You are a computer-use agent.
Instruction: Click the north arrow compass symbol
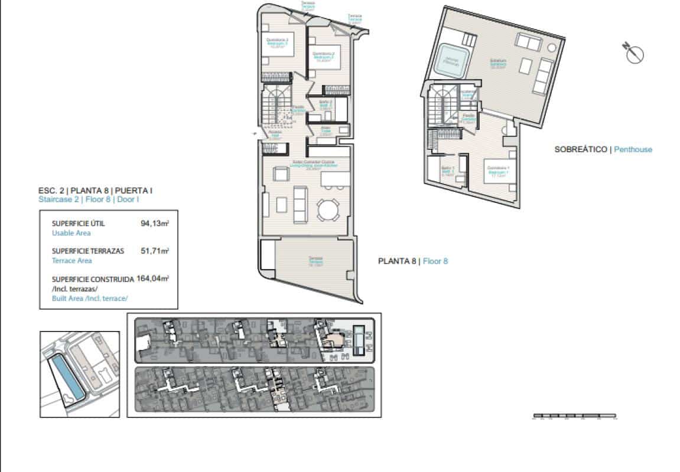[633, 53]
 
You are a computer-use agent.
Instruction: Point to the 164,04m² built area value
[152, 278]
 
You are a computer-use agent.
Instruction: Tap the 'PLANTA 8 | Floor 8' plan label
[412, 261]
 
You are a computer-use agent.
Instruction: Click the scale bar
[574, 417]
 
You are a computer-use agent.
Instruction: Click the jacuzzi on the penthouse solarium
[452, 61]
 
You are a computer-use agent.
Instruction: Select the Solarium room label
[498, 64]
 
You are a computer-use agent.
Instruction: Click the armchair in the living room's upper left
[280, 174]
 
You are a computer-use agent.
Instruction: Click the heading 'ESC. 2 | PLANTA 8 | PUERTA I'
[95, 191]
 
